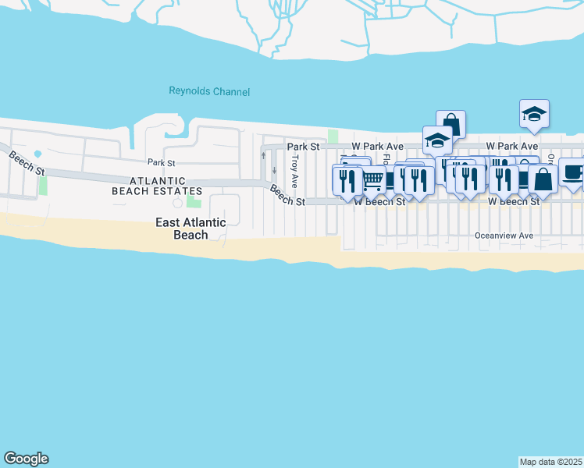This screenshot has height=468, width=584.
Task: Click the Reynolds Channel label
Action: click(209, 92)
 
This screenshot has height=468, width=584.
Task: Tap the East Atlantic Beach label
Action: click(191, 229)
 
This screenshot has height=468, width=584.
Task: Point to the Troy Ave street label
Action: click(294, 171)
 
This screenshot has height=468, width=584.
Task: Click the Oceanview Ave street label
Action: click(504, 236)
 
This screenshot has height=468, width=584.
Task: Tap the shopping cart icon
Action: click(374, 180)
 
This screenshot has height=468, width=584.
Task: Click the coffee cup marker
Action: click(572, 172)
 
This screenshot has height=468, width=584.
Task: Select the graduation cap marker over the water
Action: click(535, 114)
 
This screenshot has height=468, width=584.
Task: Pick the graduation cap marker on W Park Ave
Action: click(437, 140)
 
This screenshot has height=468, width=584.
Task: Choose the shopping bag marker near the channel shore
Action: click(450, 124)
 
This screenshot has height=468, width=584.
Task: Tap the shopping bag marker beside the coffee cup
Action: click(543, 179)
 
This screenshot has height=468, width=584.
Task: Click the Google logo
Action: click(26, 459)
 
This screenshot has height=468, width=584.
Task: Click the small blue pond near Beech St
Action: click(38, 151)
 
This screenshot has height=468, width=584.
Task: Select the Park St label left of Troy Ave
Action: click(303, 146)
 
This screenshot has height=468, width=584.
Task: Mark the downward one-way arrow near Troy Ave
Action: click(274, 170)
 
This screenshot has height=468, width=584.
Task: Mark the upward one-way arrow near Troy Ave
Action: click(262, 154)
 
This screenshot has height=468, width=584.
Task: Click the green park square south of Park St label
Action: click(193, 202)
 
